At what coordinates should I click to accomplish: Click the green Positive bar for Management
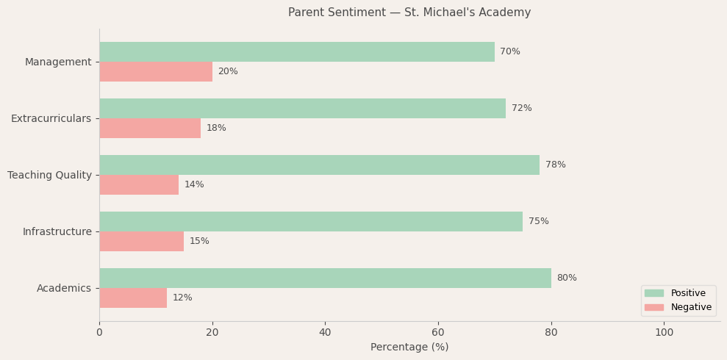[x=297, y=52]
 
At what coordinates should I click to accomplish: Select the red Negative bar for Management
[x=156, y=72]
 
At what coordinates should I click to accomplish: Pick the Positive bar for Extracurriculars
[x=302, y=109]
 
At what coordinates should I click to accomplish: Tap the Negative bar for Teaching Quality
[x=139, y=185]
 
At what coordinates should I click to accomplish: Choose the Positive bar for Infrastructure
[x=311, y=222]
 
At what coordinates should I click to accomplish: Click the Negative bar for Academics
[x=133, y=298]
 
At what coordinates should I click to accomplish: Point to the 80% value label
[x=567, y=278]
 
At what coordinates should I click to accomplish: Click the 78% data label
[x=556, y=165]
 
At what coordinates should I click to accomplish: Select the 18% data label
[x=216, y=129]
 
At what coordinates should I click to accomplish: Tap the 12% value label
[x=182, y=298]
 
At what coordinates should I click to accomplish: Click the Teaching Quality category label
[x=49, y=176]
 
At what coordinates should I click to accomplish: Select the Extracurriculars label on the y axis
[x=51, y=119]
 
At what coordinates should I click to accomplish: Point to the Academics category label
[x=64, y=289]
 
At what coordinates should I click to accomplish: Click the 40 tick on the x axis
[x=325, y=333]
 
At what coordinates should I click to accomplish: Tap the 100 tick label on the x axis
[x=664, y=333]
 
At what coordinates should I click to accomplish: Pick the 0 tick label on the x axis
[x=99, y=333]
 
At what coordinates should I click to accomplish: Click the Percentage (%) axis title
[x=409, y=348]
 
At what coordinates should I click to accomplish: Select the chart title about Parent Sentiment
[x=409, y=12]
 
